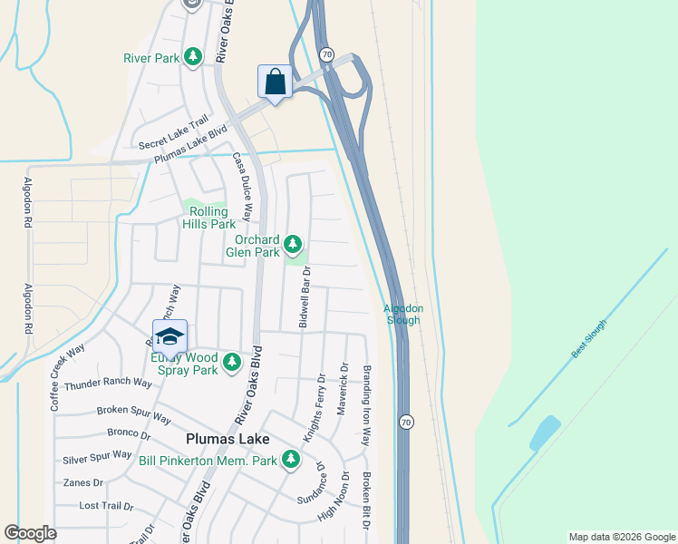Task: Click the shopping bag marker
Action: point(276,82)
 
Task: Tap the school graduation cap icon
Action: point(169,336)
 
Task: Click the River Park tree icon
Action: point(192,58)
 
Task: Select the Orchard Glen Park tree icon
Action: point(292,244)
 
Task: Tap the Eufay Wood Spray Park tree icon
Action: point(232,363)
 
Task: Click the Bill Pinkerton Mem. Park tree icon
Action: point(290,460)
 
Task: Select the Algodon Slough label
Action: point(402,314)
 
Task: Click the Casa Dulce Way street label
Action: point(242,180)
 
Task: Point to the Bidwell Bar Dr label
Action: point(305,297)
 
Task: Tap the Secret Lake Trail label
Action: point(173,133)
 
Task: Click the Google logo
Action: point(31,533)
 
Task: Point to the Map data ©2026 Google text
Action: point(621,537)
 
